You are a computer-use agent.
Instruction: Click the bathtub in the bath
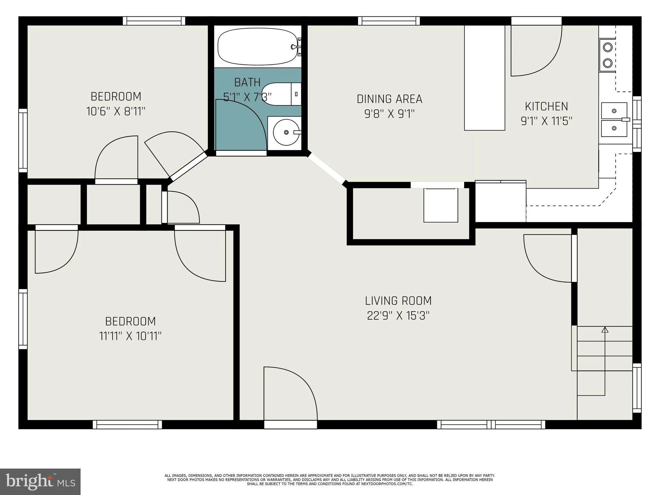tap(257, 47)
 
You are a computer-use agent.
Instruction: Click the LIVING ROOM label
tap(398, 301)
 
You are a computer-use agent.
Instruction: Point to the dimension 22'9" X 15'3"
tap(398, 315)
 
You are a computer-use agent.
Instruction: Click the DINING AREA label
tap(389, 99)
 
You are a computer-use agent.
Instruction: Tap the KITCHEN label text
tap(546, 106)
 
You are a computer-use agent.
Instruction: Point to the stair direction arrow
tap(605, 330)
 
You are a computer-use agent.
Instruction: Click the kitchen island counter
tap(484, 77)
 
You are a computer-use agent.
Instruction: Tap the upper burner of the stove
tap(607, 47)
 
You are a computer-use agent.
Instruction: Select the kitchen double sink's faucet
tap(626, 120)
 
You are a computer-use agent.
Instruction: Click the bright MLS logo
tap(40, 481)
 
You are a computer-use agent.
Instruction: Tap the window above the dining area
tap(389, 21)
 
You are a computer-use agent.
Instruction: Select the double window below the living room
tap(491, 424)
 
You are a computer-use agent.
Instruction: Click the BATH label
tap(247, 82)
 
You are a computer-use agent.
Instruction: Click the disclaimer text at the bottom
tap(330, 480)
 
